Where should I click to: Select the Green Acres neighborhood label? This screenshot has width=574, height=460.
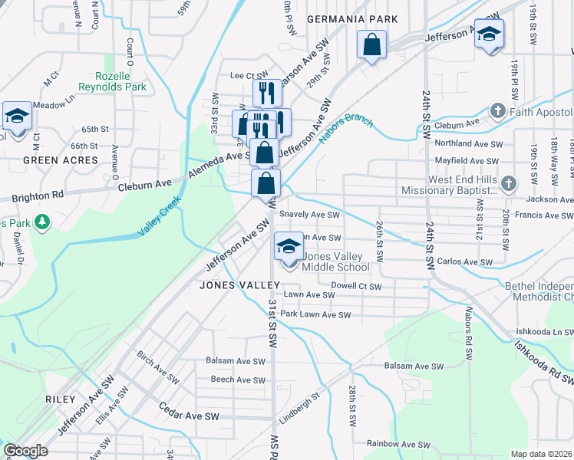pyautogui.click(x=61, y=160)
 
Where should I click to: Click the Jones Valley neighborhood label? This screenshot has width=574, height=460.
pyautogui.click(x=232, y=285)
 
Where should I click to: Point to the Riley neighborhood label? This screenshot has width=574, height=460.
pyautogui.click(x=61, y=399)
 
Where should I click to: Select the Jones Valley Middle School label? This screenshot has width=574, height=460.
pyautogui.click(x=335, y=262)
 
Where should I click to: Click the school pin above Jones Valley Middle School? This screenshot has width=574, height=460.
pyautogui.click(x=289, y=247)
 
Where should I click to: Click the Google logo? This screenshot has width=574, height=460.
pyautogui.click(x=25, y=451)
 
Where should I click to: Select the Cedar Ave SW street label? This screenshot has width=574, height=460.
pyautogui.click(x=189, y=416)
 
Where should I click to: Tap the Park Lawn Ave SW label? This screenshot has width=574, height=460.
pyautogui.click(x=315, y=314)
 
